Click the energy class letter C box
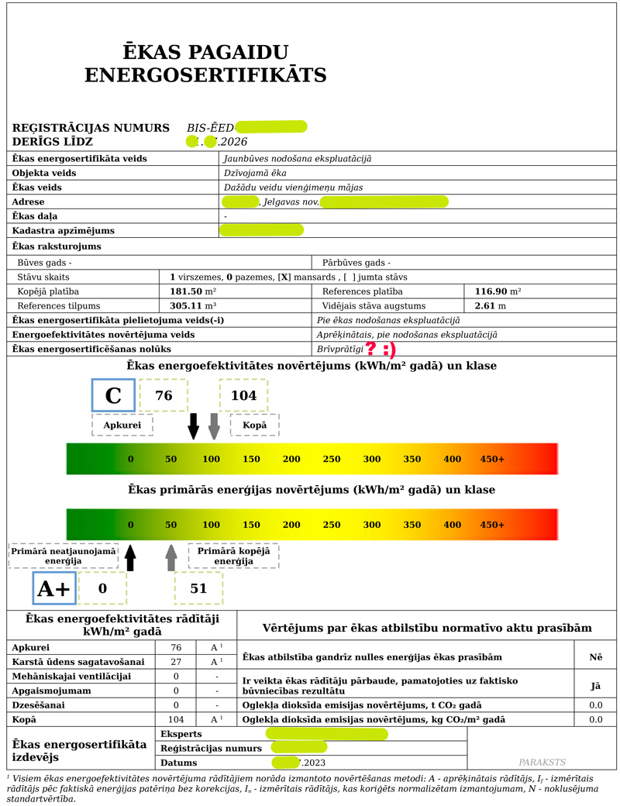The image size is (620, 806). tap(113, 395)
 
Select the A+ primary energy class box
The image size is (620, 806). tap(53, 589)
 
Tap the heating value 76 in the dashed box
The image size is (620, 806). tap(164, 395)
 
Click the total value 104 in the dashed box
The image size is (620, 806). tap(243, 395)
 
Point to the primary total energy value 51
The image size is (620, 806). tap(198, 588)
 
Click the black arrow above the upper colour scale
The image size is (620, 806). tap(194, 425)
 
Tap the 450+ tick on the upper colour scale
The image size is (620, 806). tap(492, 459)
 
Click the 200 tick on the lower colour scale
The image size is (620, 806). tap(291, 525)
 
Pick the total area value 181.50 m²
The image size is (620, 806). tap(192, 291)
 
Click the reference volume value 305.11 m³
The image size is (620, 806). tap(192, 306)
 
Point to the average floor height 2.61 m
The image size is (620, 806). tap(490, 306)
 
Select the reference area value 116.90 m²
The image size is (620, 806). tap(497, 291)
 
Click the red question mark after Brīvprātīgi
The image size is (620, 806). tap(372, 350)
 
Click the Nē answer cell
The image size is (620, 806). tap(595, 657)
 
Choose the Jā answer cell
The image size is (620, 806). tap(595, 686)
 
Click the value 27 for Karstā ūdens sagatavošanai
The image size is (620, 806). tap(176, 662)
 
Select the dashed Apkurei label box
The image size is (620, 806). tap(122, 425)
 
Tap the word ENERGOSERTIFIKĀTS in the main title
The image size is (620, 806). tap(205, 75)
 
